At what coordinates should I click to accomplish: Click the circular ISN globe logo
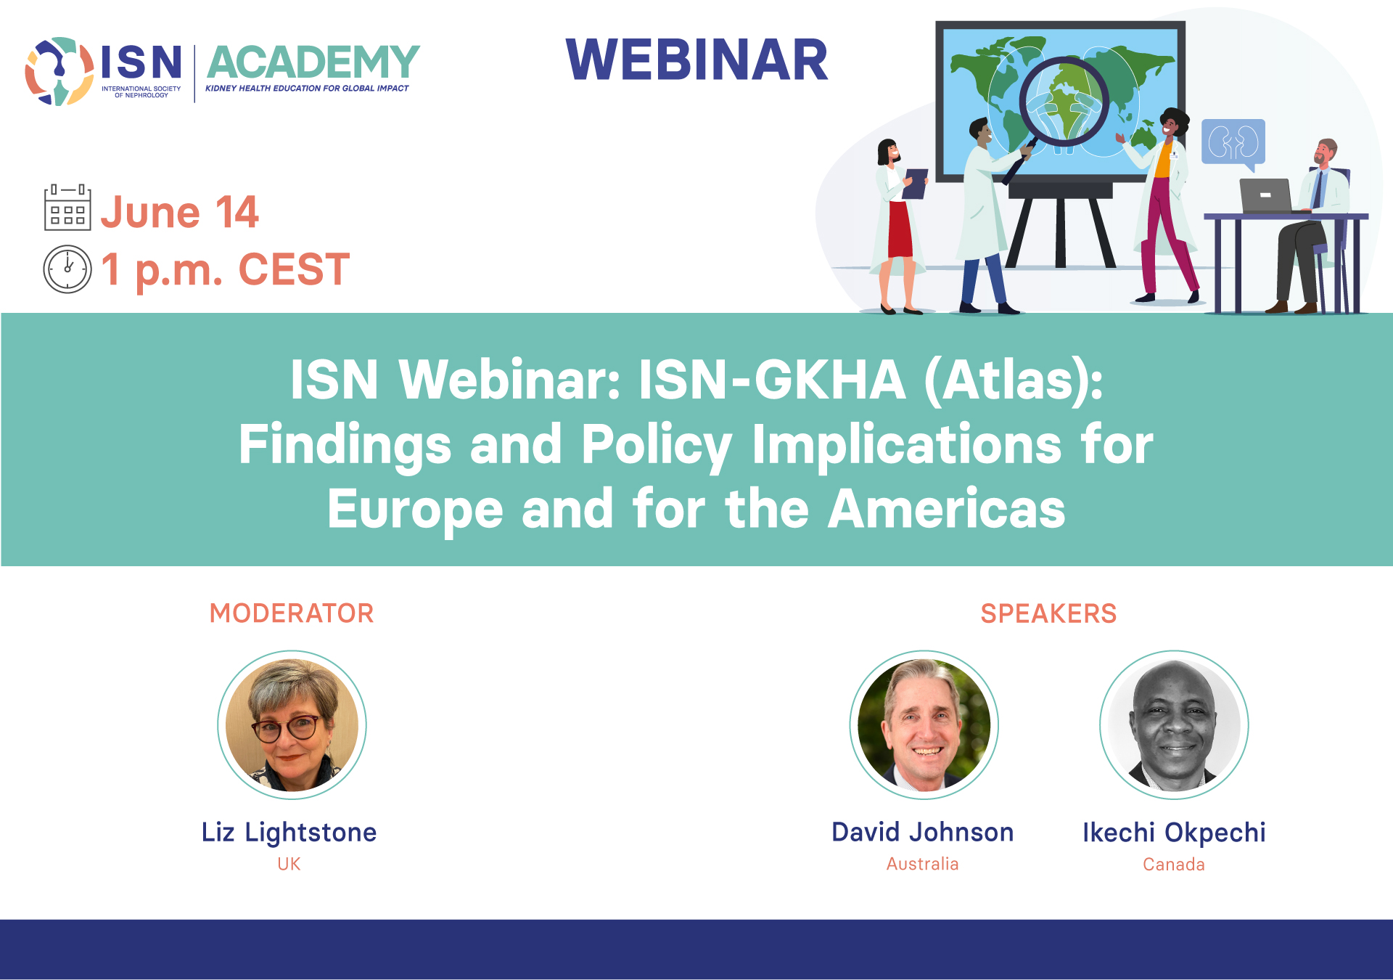pyautogui.click(x=59, y=71)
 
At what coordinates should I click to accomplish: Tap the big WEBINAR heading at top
pyautogui.click(x=696, y=60)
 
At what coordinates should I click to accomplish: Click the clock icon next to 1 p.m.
pyautogui.click(x=67, y=269)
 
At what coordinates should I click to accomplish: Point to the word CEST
pyautogui.click(x=294, y=269)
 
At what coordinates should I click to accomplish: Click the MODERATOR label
pyautogui.click(x=292, y=613)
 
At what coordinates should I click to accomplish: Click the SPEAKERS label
pyautogui.click(x=1048, y=613)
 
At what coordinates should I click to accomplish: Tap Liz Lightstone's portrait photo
pyautogui.click(x=292, y=724)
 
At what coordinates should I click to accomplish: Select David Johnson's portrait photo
pyautogui.click(x=924, y=724)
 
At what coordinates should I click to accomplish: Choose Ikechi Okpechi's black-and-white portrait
pyautogui.click(x=1174, y=724)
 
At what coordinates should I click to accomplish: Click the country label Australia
pyautogui.click(x=923, y=864)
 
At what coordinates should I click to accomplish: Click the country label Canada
pyautogui.click(x=1174, y=865)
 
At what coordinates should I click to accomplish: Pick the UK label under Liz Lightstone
pyautogui.click(x=289, y=864)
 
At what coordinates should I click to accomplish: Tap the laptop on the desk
pyautogui.click(x=1266, y=195)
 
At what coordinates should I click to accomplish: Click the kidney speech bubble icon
pyautogui.click(x=1233, y=144)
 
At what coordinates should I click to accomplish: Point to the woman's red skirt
pyautogui.click(x=900, y=229)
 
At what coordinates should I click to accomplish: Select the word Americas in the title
pyautogui.click(x=947, y=508)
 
